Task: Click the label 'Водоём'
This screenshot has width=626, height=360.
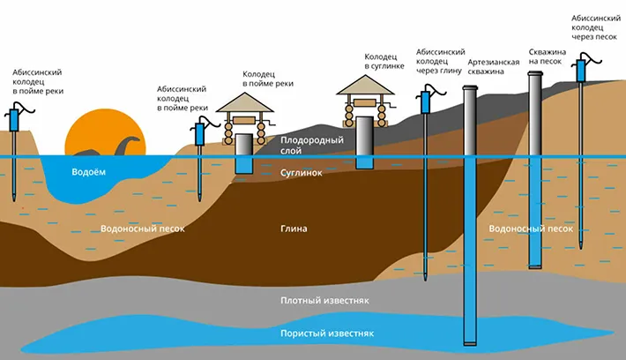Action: (89, 172)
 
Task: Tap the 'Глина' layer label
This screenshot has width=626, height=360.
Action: (294, 229)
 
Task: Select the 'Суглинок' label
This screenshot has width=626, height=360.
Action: (301, 173)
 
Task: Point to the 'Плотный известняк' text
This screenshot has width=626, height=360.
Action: (324, 301)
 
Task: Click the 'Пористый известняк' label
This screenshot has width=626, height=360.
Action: (327, 334)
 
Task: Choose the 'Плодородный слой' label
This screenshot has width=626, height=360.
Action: (312, 146)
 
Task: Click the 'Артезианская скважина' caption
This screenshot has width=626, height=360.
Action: (494, 67)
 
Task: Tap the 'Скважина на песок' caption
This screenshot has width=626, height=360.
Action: (548, 56)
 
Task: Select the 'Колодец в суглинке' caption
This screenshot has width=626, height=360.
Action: (384, 62)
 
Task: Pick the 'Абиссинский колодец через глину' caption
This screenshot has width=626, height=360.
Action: (440, 62)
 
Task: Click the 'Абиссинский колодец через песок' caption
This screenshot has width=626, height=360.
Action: (596, 27)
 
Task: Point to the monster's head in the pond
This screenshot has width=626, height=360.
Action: (134, 139)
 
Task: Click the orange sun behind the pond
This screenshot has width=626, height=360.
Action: (106, 131)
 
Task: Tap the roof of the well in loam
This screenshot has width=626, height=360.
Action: (365, 85)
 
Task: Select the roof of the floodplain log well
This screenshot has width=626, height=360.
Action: (245, 102)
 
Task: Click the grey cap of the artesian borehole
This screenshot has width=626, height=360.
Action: (470, 88)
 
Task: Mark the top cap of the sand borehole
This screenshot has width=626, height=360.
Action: (535, 73)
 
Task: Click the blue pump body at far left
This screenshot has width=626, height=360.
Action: (14, 120)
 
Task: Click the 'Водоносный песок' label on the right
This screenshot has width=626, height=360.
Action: (531, 229)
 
